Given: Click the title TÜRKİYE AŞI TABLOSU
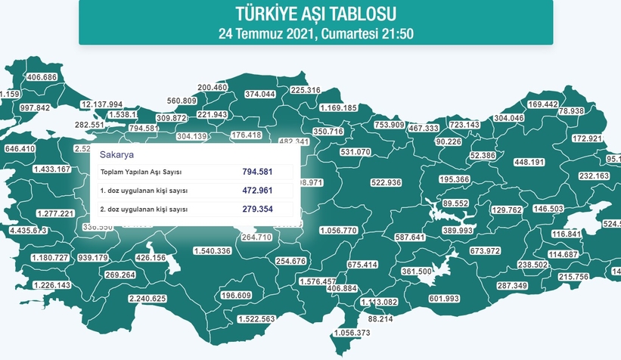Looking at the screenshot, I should (x=315, y=14).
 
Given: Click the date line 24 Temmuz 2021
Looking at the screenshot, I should (x=315, y=34).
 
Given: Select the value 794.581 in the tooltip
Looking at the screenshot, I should (x=257, y=172).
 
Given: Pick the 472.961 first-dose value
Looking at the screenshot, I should (x=257, y=190).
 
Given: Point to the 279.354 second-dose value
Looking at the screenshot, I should (x=257, y=209).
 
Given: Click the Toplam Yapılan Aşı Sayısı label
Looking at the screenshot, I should (x=141, y=172).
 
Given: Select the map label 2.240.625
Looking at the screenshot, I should (x=148, y=299).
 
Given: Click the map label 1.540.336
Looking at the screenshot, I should (x=213, y=250).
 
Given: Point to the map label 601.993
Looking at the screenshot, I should (x=445, y=299).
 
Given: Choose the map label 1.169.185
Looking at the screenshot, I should (x=338, y=108).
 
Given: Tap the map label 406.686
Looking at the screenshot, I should (x=42, y=78).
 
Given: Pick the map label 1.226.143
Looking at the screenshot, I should (x=53, y=285).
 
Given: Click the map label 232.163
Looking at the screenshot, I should (x=594, y=175).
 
